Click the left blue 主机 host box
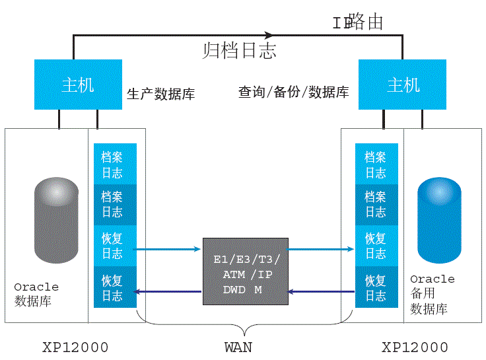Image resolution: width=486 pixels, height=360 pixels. point(78,84)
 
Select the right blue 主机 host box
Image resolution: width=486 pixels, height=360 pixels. point(402,84)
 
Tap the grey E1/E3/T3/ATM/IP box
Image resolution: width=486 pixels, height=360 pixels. point(245,271)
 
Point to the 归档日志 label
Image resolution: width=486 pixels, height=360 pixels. point(239,50)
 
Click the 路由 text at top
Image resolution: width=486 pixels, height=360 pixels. point(365,22)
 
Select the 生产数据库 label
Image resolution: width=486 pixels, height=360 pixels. point(160,94)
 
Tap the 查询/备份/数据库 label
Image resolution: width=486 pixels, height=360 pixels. point(293,92)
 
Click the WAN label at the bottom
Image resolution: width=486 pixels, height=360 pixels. point(238,346)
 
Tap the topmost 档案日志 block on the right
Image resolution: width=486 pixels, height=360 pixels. point(376,164)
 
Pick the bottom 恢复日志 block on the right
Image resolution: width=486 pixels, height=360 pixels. point(376,287)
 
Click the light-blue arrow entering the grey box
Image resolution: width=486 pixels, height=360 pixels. point(168,249)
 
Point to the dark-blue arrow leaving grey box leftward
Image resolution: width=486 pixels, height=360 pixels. point(168,291)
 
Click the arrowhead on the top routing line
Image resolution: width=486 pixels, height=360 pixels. point(269,34)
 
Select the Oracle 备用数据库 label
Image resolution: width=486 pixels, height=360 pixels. point(433,294)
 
